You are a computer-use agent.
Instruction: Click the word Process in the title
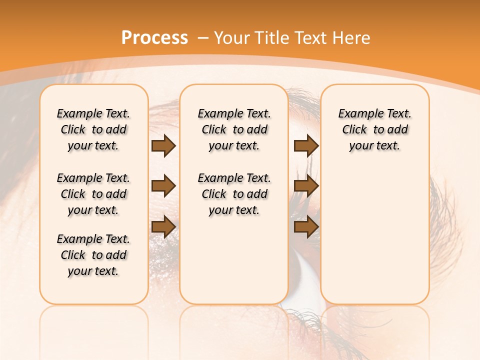(154, 37)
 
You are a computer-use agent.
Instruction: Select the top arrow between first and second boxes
(163, 145)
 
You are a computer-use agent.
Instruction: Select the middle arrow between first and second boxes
(163, 186)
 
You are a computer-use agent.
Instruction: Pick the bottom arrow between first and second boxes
(163, 226)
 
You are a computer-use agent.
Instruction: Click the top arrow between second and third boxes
(306, 145)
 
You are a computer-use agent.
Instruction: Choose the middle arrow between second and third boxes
(306, 186)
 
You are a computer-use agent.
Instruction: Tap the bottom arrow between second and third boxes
(306, 226)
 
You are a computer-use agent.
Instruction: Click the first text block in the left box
(93, 129)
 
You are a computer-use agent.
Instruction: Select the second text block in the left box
(93, 194)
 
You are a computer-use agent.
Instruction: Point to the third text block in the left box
(93, 255)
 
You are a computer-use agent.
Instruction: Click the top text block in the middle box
(234, 129)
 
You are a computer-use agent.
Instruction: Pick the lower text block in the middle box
(234, 194)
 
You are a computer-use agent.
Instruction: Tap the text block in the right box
(374, 129)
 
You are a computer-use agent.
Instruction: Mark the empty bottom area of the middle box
(234, 265)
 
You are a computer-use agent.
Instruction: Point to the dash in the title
(203, 38)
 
